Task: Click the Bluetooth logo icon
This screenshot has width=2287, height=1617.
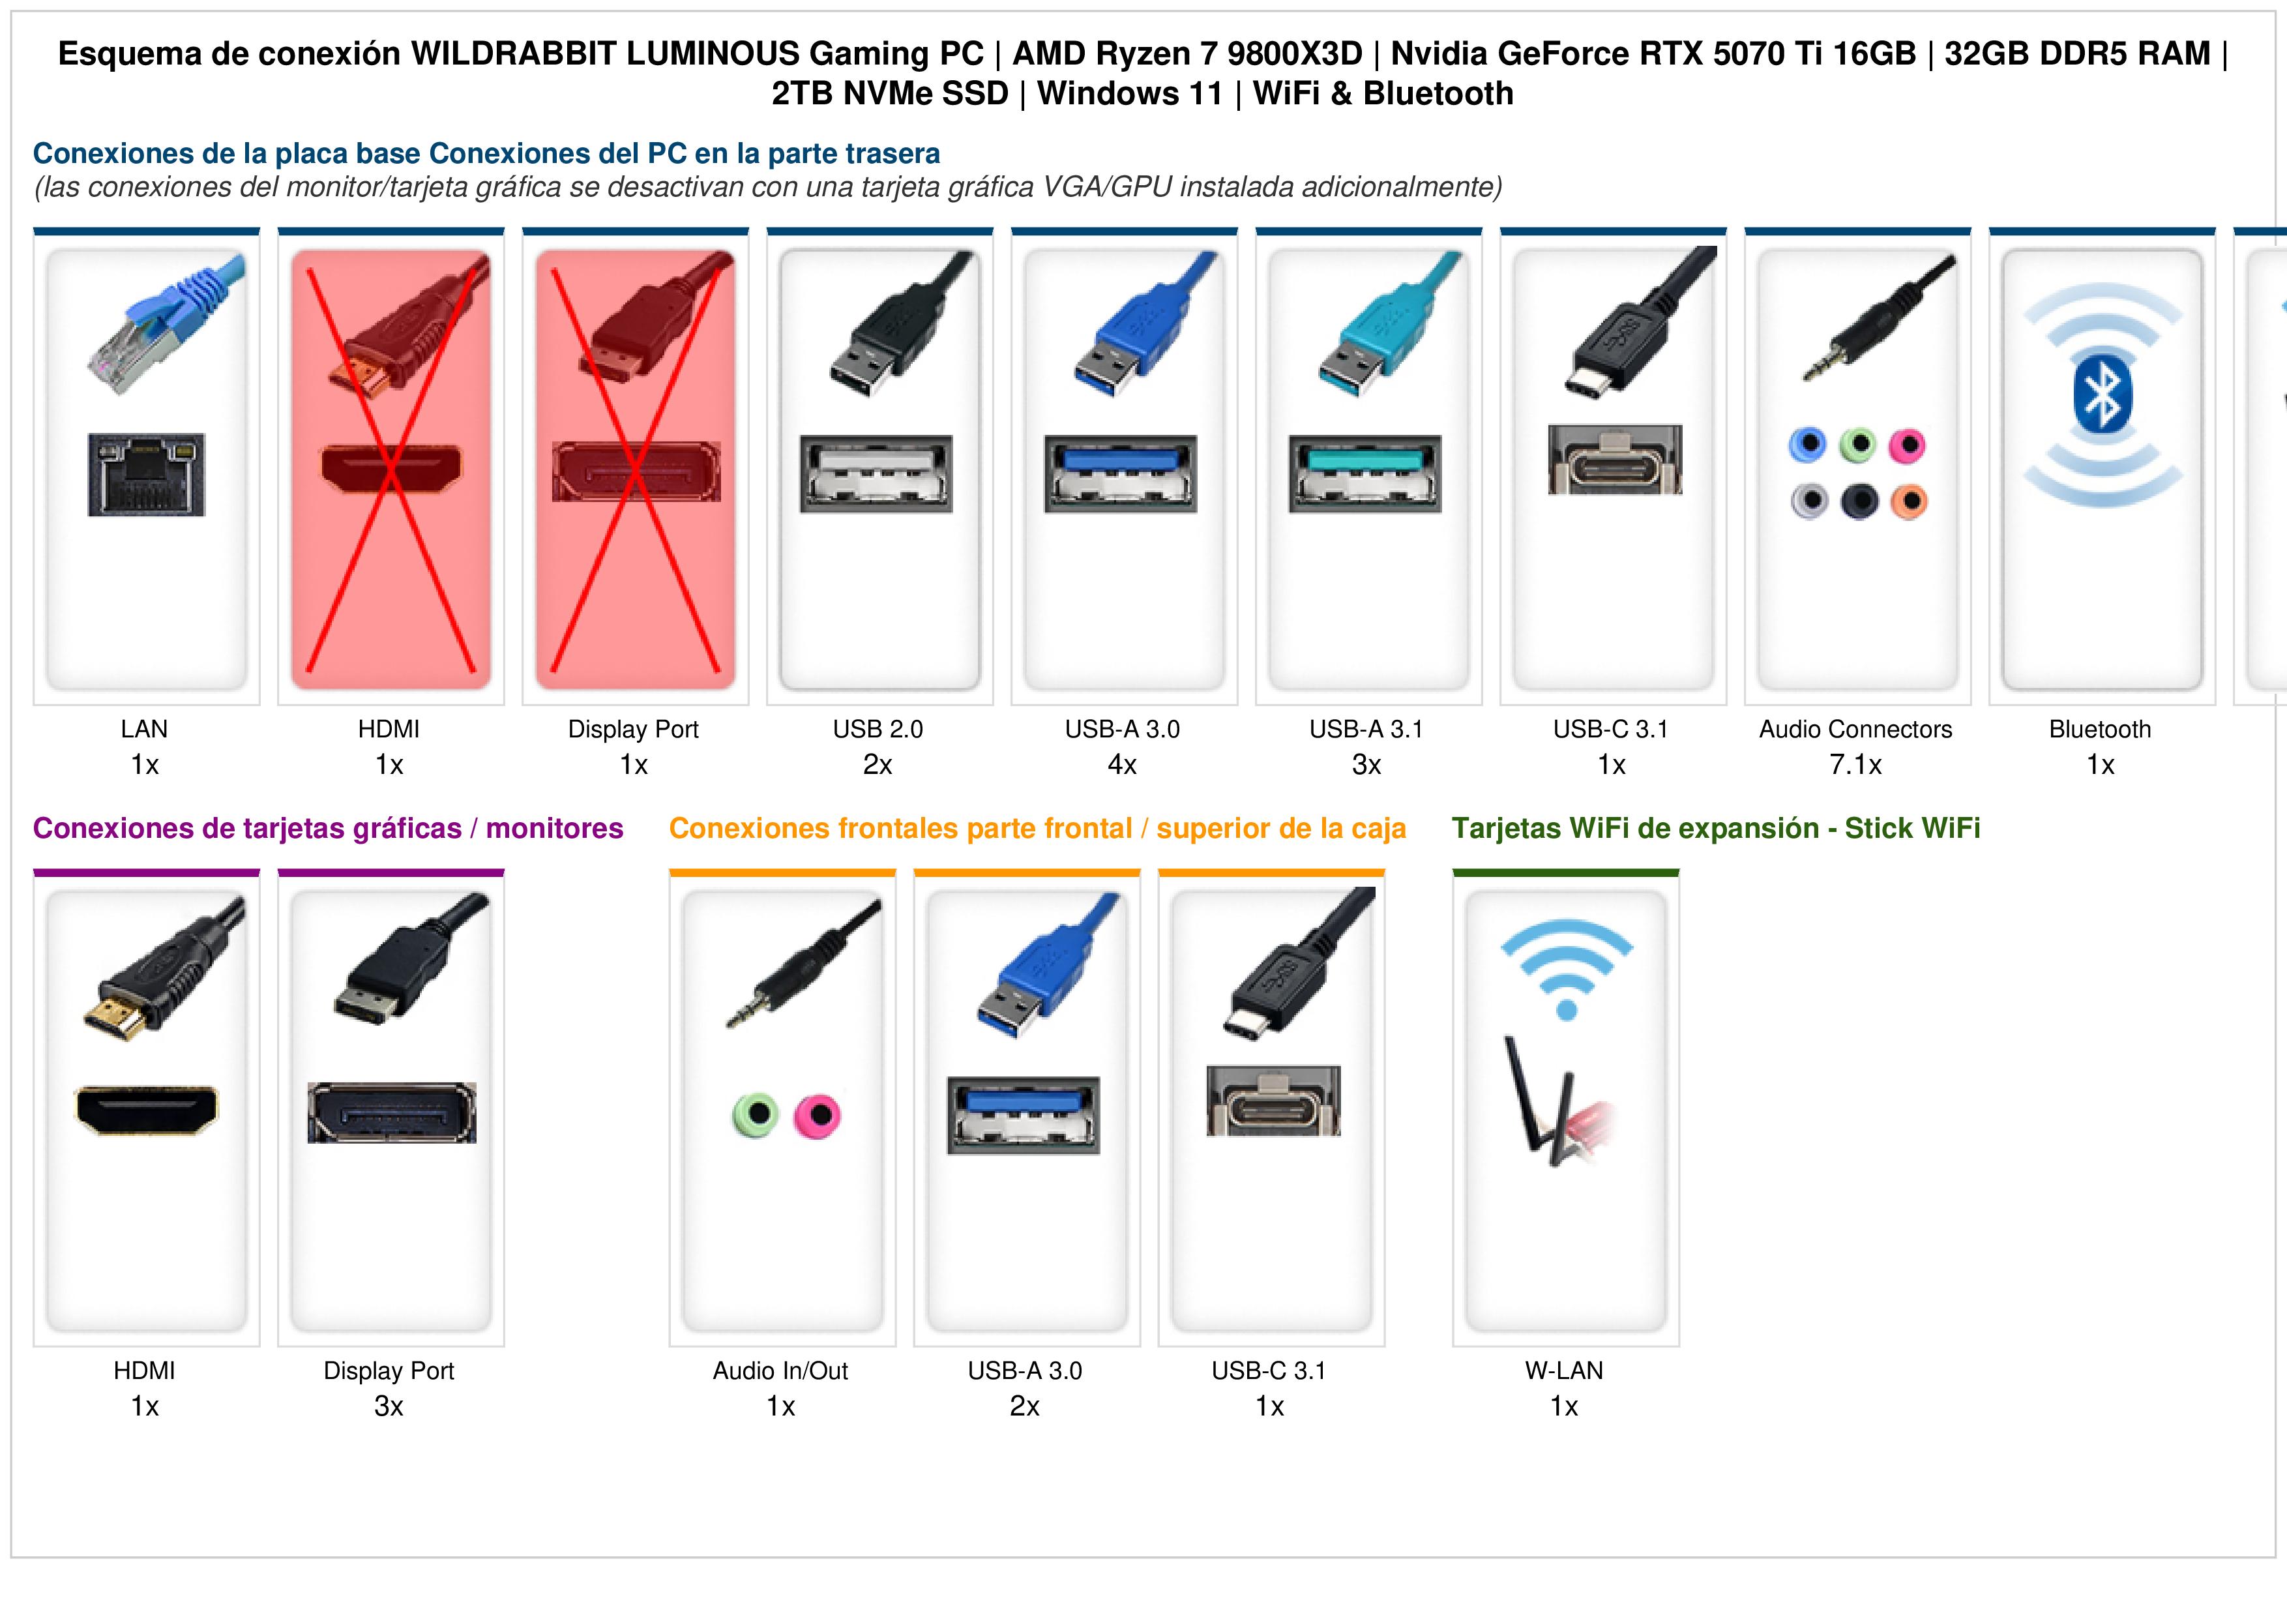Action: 2102,396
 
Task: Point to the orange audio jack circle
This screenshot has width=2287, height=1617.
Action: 1908,501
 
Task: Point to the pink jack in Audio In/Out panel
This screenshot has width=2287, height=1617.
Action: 817,1116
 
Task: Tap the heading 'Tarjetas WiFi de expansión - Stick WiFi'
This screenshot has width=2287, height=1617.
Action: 1715,828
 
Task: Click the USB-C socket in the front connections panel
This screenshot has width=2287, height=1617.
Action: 1273,1101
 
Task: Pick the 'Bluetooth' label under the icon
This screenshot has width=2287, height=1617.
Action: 2100,730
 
